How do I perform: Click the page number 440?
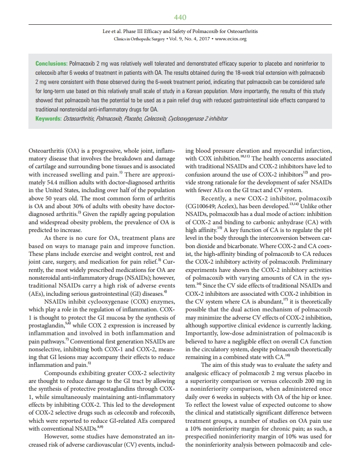click(x=180, y=17)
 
